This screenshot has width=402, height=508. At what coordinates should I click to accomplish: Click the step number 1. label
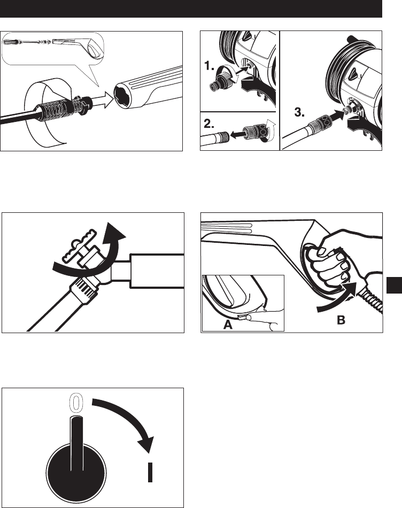pos(209,66)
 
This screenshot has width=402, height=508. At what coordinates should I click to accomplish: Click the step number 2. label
pos(209,124)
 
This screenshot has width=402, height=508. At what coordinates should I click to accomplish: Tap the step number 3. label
pos(299,112)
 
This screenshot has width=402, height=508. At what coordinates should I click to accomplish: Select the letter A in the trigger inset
pos(228,324)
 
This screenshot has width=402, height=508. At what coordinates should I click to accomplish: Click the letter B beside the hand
pos(341,320)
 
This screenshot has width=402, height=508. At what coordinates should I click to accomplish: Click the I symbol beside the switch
pos(150,472)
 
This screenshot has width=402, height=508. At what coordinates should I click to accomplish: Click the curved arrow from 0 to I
pos(133,418)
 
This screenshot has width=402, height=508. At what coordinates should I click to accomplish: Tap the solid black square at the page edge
pos(394,285)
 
